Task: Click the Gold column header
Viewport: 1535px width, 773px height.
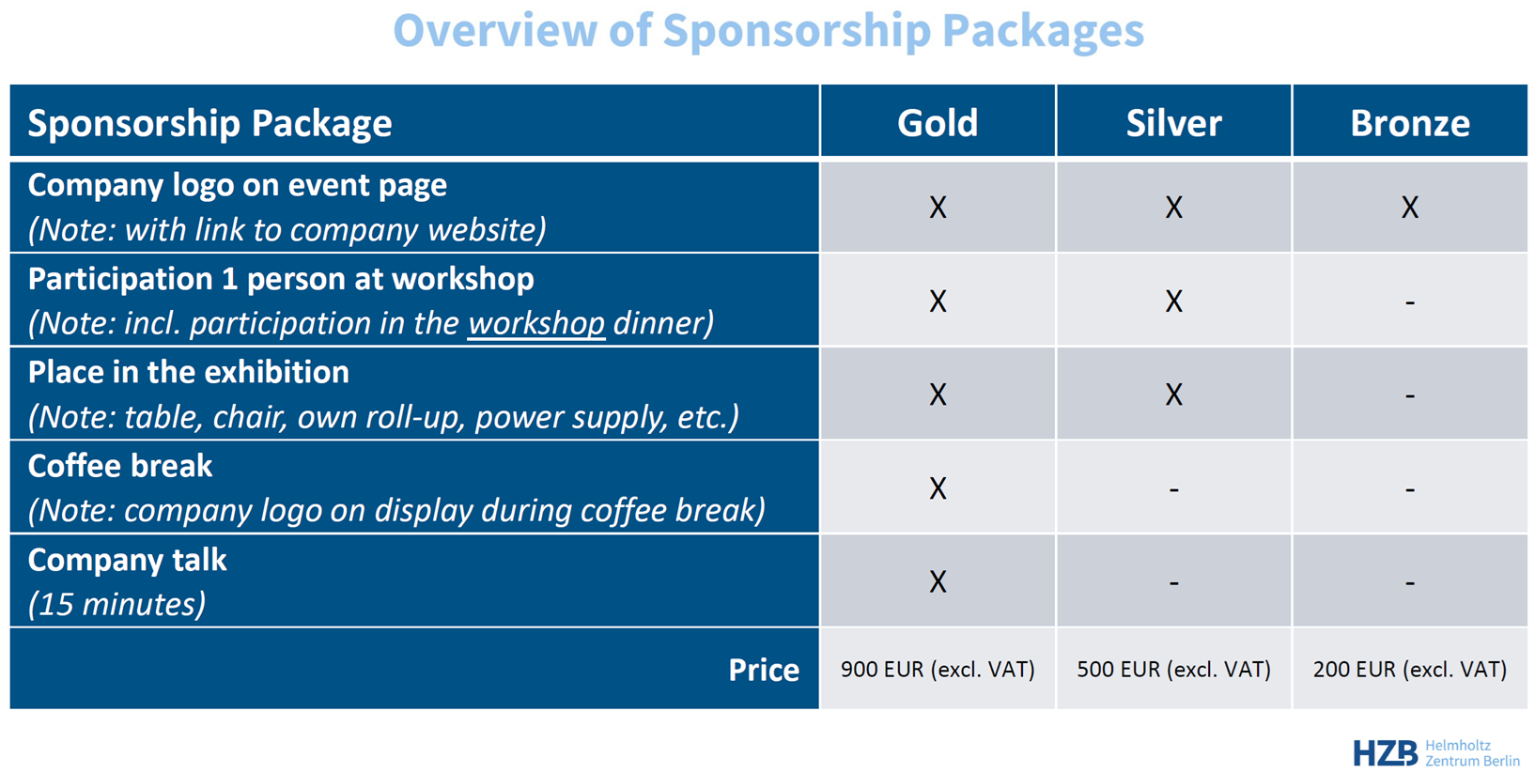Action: pos(938,123)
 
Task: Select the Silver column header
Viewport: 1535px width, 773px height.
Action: pos(1174,123)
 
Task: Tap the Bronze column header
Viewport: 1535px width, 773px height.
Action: pos(1410,123)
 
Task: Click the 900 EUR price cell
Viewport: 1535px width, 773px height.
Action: pos(938,669)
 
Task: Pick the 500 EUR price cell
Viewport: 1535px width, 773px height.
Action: pos(1174,669)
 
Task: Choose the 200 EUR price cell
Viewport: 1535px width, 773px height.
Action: pos(1410,669)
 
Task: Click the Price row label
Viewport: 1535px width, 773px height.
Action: pos(764,670)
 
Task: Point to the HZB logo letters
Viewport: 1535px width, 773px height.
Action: pos(1386,752)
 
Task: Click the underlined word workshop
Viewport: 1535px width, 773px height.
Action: pos(536,323)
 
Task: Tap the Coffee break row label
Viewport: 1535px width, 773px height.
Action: pos(120,466)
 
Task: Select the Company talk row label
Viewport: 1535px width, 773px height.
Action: pos(127,560)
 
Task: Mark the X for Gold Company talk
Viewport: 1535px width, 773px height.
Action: pos(938,581)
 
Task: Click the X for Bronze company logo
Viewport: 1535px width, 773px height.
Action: pos(1410,207)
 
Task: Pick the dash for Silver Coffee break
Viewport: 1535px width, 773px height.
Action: pos(1174,489)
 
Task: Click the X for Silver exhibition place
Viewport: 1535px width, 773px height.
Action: pos(1174,394)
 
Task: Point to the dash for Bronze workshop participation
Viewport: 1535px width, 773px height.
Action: pos(1410,302)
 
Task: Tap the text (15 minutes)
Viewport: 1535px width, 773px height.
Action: pos(116,605)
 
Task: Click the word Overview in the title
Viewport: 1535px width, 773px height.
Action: pos(495,31)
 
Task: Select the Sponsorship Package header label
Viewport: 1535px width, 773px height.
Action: pos(209,124)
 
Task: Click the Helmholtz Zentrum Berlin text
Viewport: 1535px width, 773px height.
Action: pos(1472,752)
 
